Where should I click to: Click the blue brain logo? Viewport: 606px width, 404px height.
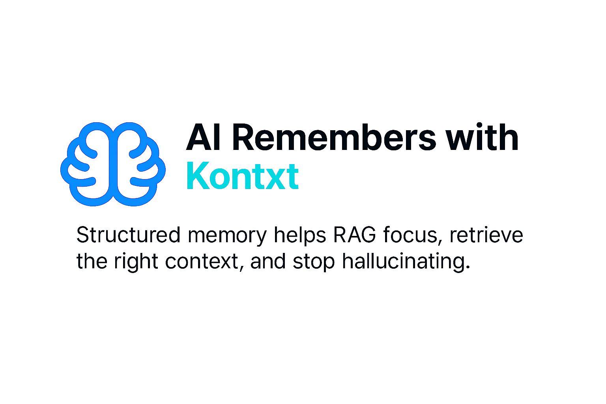[113, 164]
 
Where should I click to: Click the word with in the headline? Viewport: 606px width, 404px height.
[482, 137]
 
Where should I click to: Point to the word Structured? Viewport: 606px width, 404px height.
[128, 235]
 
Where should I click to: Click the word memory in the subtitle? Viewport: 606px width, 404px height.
[227, 237]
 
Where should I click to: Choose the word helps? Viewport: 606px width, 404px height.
[300, 235]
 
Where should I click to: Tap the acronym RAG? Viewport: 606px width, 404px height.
[355, 235]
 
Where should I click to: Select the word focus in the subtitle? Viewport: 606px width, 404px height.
[411, 234]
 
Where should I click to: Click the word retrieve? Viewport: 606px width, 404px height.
[486, 234]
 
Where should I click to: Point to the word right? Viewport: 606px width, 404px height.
[136, 262]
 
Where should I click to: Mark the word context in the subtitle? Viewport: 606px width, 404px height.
[202, 262]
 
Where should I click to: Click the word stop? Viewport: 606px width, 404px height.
[314, 263]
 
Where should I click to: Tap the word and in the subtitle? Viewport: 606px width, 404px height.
[268, 261]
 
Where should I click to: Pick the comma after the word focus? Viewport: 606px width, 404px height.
[440, 242]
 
